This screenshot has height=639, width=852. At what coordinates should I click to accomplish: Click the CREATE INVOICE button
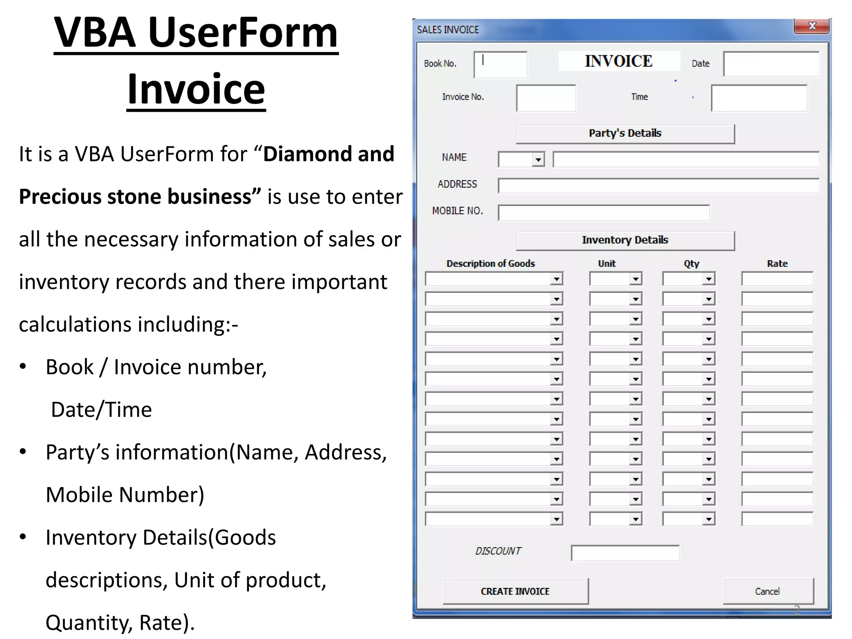515,591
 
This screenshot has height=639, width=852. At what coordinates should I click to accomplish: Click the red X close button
812,26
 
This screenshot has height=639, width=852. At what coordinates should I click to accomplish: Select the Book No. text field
500,65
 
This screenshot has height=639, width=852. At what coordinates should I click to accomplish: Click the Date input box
771,64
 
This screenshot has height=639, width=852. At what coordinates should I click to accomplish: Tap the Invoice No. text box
546,98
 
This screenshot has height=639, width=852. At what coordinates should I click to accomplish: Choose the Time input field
759,98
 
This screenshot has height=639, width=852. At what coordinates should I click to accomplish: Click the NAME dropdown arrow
538,160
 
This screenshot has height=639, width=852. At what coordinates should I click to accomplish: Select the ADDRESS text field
659,186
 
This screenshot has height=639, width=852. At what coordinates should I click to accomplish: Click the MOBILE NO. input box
604,213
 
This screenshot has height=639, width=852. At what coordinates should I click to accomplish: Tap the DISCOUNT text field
625,553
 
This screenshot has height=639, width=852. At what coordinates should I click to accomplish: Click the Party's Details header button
625,134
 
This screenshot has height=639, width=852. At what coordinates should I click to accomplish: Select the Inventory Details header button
625,240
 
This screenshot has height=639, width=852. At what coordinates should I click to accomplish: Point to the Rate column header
777,264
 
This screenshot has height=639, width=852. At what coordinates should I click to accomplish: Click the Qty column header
691,264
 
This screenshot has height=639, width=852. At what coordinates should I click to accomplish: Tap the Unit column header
607,264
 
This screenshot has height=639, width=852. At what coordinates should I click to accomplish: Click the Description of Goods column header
490,264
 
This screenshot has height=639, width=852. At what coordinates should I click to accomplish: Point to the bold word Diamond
307,154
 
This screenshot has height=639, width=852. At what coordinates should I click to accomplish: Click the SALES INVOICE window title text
448,30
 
